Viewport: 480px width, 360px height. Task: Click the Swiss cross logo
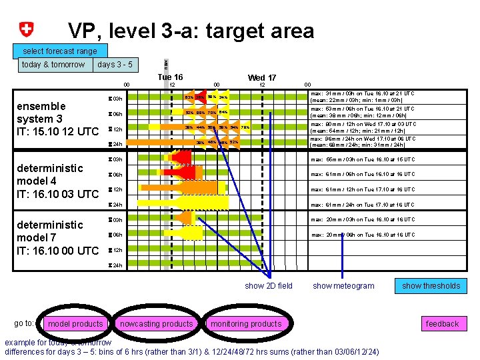(x=27, y=29)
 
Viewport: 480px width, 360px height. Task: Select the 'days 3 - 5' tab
(x=115, y=65)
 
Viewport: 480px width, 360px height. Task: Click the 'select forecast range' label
(x=59, y=51)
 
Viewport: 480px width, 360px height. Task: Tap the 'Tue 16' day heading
(x=170, y=77)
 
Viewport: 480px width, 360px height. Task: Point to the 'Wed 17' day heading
(x=262, y=77)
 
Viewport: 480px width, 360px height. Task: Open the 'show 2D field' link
(x=269, y=286)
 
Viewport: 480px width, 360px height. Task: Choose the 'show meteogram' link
(x=343, y=286)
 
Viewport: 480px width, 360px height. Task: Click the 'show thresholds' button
(x=431, y=286)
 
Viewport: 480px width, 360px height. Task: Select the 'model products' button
(x=76, y=324)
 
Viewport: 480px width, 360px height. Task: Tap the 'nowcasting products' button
(x=155, y=324)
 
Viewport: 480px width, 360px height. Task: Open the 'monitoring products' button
(x=246, y=324)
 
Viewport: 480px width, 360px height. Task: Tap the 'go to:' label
(x=24, y=323)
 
